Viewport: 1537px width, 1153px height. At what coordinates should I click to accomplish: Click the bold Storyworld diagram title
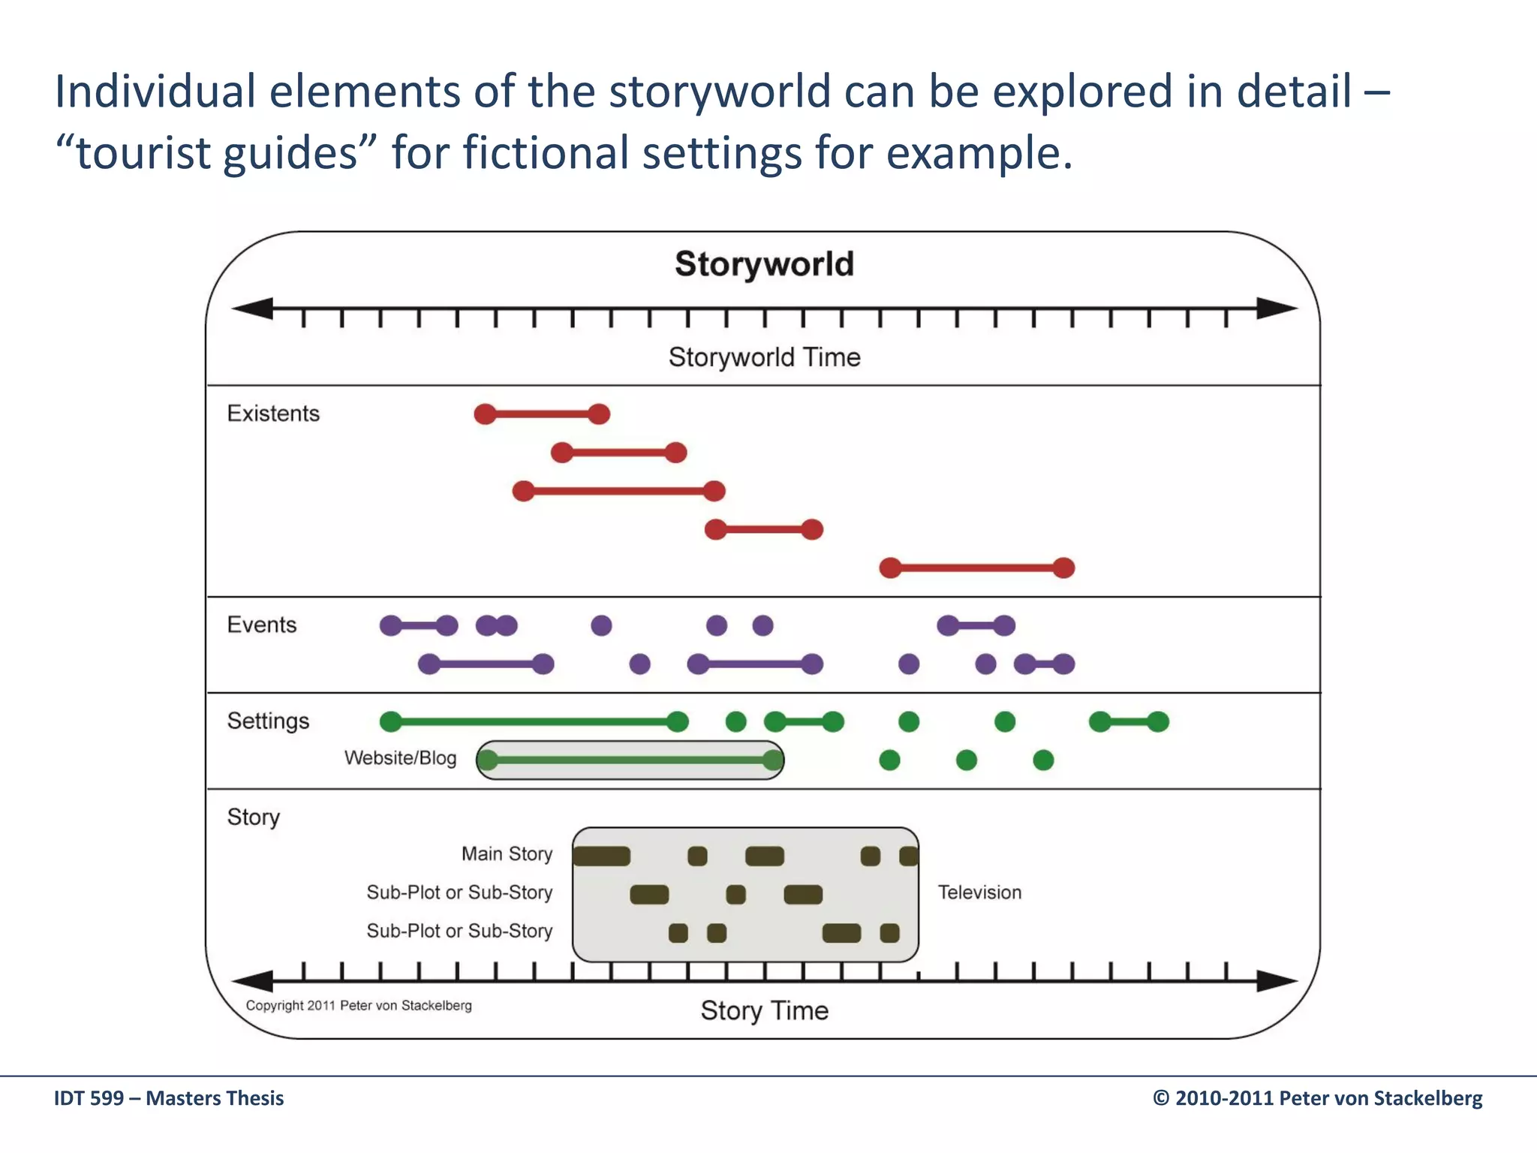(x=764, y=264)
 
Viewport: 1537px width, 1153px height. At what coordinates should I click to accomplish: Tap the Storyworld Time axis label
(x=764, y=357)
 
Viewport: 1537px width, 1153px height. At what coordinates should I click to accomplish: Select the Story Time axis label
(x=764, y=1010)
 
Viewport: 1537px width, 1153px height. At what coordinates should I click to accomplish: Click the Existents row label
(x=273, y=414)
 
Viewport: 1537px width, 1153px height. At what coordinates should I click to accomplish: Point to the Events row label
(x=262, y=625)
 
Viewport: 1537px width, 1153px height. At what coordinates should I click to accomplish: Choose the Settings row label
(x=268, y=721)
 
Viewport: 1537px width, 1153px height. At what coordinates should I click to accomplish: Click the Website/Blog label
(x=400, y=758)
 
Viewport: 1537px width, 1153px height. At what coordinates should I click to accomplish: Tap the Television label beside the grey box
(x=979, y=893)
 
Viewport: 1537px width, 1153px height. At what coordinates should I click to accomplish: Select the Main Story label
(x=507, y=854)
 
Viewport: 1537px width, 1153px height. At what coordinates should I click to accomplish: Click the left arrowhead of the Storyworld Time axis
(x=253, y=309)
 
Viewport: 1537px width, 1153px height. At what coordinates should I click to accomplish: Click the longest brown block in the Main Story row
(x=602, y=856)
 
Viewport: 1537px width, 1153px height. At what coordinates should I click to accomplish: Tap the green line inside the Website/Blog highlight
(x=630, y=760)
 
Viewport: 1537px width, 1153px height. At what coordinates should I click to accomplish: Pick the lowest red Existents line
(x=976, y=568)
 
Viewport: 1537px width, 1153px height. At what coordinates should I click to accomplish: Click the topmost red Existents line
(x=542, y=414)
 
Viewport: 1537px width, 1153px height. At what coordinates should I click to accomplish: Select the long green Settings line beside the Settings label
(x=533, y=722)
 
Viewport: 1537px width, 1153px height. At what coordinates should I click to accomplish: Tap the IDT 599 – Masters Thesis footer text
(x=169, y=1098)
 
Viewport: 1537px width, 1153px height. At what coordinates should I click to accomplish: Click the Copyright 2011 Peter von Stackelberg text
(x=359, y=1006)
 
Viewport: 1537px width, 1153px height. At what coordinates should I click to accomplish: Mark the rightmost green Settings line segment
(x=1129, y=722)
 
